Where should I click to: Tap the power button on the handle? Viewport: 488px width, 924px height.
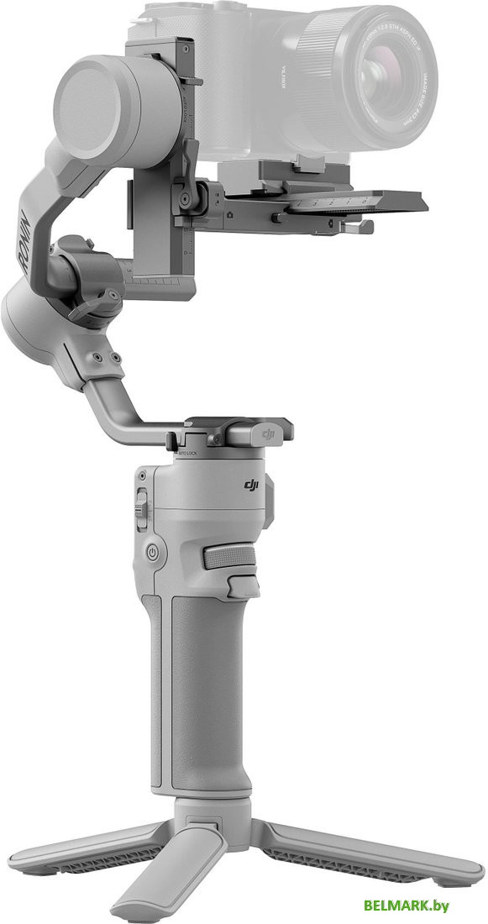pos(153,553)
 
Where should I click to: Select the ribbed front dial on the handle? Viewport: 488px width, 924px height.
pos(228,557)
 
